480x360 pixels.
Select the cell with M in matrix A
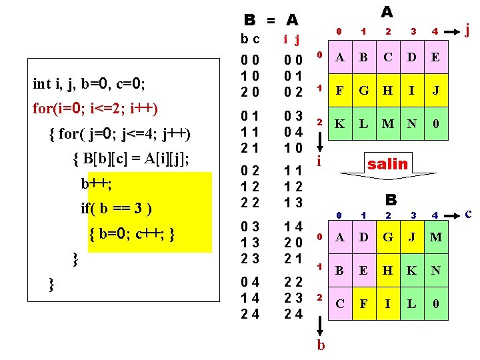click(388, 124)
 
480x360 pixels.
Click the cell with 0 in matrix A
click(435, 124)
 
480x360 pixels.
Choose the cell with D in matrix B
click(365, 238)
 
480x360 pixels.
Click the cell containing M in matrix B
click(435, 238)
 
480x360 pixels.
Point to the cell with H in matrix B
click(388, 271)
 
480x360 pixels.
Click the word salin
click(387, 163)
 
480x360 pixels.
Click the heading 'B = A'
click(271, 20)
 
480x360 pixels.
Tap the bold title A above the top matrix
click(387, 12)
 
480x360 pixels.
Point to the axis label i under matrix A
click(320, 162)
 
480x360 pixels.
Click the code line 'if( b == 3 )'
click(117, 207)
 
